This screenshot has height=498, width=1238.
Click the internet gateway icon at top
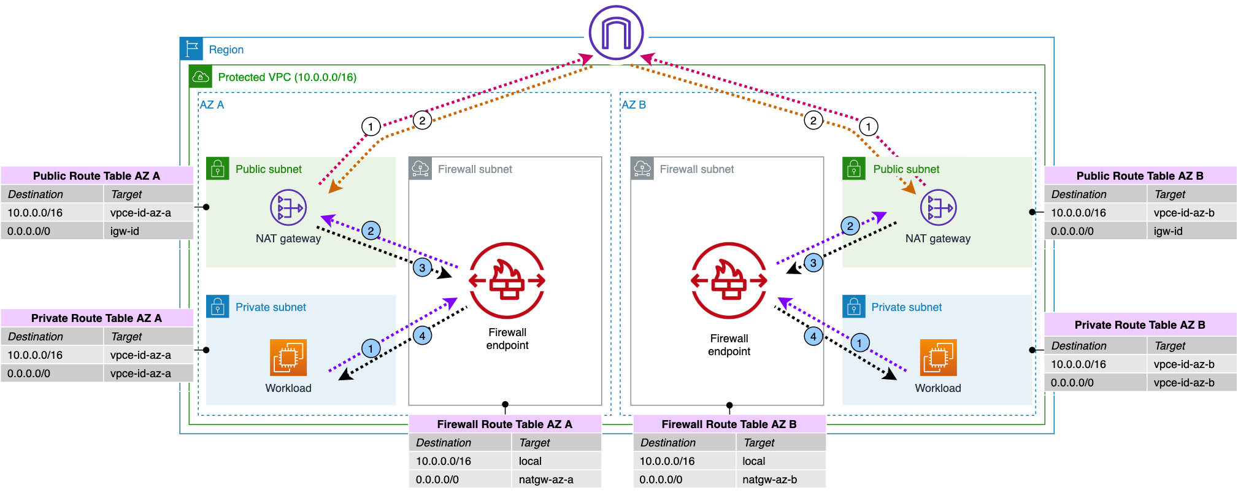click(x=616, y=33)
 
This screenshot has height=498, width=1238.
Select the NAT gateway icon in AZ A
click(x=288, y=207)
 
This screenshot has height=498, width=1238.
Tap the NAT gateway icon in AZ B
click(x=938, y=207)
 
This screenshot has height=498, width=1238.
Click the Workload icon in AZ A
click(x=288, y=357)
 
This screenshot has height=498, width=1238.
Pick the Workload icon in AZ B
click(x=938, y=357)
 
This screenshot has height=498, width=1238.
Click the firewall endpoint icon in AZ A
click(x=507, y=281)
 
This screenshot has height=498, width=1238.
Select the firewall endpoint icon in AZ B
click(x=729, y=281)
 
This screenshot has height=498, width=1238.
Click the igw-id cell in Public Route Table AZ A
click(x=125, y=231)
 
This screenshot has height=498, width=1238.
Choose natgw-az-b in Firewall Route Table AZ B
click(x=769, y=480)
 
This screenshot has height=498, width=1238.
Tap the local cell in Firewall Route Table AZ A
click(x=530, y=461)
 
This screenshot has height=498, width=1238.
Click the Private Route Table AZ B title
click(x=1140, y=325)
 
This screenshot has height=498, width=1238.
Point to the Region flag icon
click(x=191, y=48)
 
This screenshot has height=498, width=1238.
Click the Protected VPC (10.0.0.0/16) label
click(x=287, y=77)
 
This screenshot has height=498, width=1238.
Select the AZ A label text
click(x=212, y=105)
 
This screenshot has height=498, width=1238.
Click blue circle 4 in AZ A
click(x=422, y=335)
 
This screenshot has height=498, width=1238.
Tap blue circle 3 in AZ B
click(x=813, y=263)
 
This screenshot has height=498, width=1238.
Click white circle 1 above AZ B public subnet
click(x=868, y=127)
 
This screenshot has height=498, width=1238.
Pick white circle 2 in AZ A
click(x=422, y=120)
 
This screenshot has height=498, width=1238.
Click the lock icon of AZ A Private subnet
click(x=218, y=306)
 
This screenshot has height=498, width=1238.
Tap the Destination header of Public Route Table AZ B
click(x=1078, y=194)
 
